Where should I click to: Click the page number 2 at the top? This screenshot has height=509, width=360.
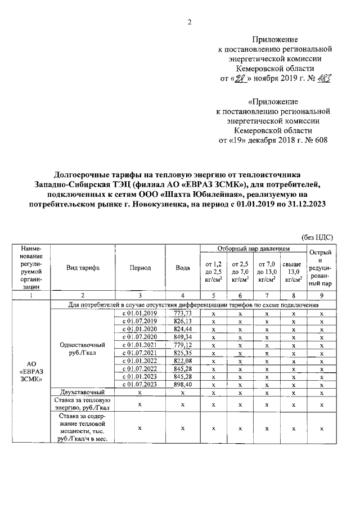tap(189, 22)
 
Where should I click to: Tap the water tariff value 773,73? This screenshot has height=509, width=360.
tap(183, 313)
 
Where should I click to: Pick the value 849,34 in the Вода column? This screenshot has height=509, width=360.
tap(183, 336)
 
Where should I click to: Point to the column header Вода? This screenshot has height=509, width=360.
tap(183, 268)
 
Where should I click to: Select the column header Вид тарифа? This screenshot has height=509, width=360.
tap(83, 268)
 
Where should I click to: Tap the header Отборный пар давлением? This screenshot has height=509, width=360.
tap(254, 248)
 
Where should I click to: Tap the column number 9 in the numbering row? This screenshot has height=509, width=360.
tap(321, 295)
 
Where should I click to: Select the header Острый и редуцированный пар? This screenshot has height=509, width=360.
tap(321, 268)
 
